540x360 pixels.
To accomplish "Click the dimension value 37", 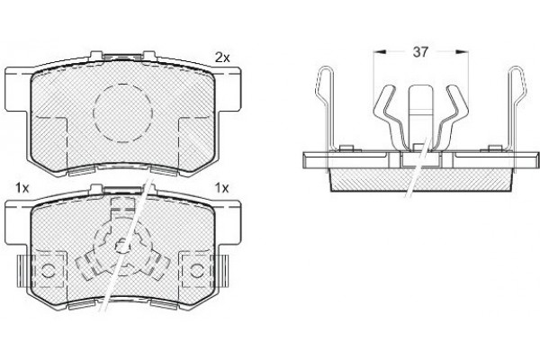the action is click(420, 52).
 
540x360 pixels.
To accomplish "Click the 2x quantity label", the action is click(222, 58).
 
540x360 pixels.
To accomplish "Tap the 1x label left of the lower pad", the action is click(22, 188).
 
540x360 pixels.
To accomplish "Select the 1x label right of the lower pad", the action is click(221, 188).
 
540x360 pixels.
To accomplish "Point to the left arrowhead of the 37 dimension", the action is click(380, 51).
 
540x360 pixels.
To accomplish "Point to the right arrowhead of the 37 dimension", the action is click(463, 51).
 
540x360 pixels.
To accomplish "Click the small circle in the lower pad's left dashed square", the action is click(48, 270).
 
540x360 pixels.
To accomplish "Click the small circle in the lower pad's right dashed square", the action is click(197, 270).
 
